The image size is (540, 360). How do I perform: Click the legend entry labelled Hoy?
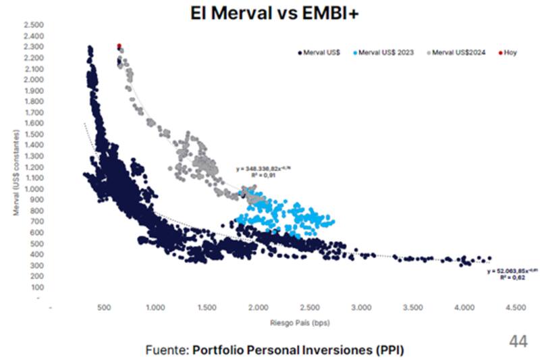[510, 52]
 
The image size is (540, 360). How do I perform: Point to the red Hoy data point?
[119, 46]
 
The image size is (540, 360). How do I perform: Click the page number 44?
[518, 341]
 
